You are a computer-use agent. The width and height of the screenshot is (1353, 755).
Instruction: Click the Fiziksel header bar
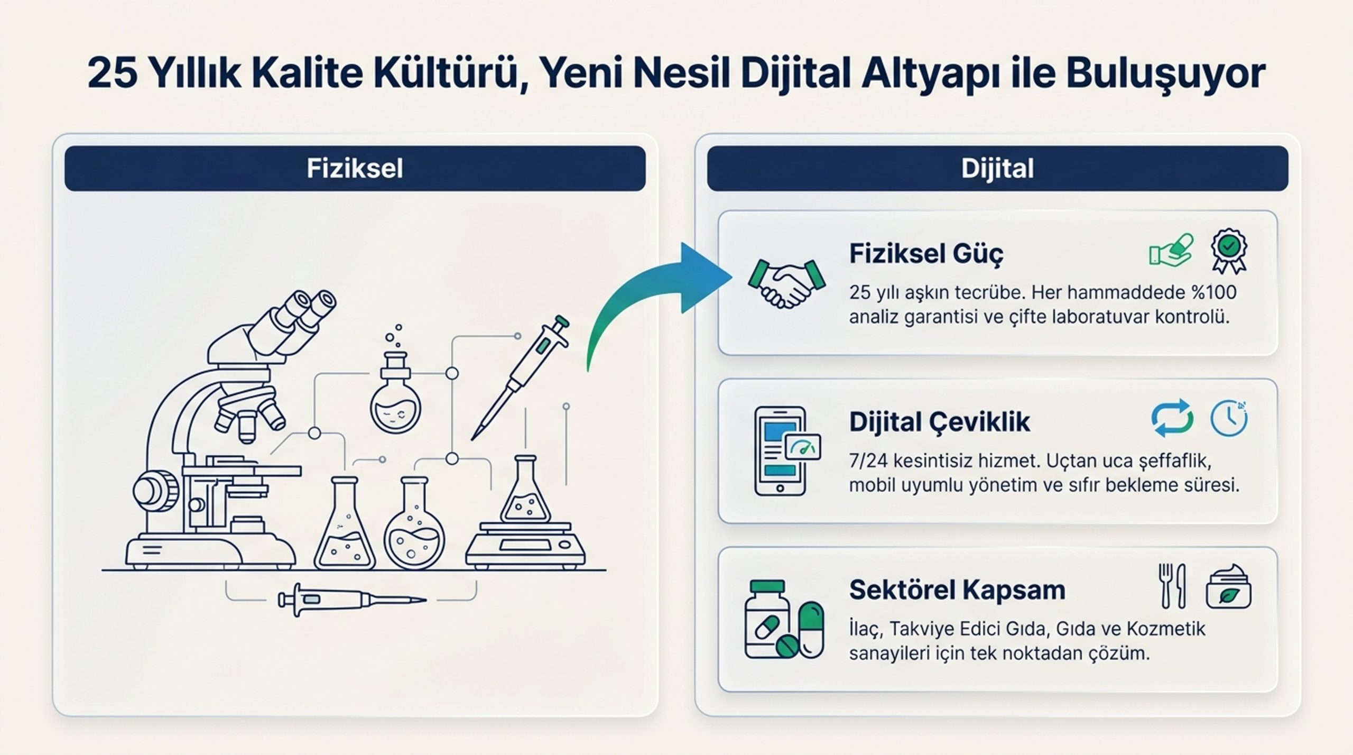pos(355,169)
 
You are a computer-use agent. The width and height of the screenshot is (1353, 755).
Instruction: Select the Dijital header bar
pos(997,169)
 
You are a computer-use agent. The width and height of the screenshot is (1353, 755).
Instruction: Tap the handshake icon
pos(786,283)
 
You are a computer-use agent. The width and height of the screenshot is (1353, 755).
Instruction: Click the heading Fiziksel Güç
pos(926,254)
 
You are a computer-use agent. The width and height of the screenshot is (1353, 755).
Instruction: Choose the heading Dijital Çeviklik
pos(940,422)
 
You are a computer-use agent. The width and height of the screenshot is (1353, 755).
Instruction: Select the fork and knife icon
pos(1172,586)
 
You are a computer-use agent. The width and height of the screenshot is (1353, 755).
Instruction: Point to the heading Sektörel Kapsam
pos(957,590)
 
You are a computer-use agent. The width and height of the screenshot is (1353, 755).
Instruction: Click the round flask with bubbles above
pos(395,389)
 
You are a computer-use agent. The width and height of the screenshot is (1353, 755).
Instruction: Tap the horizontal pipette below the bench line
pos(353,600)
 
